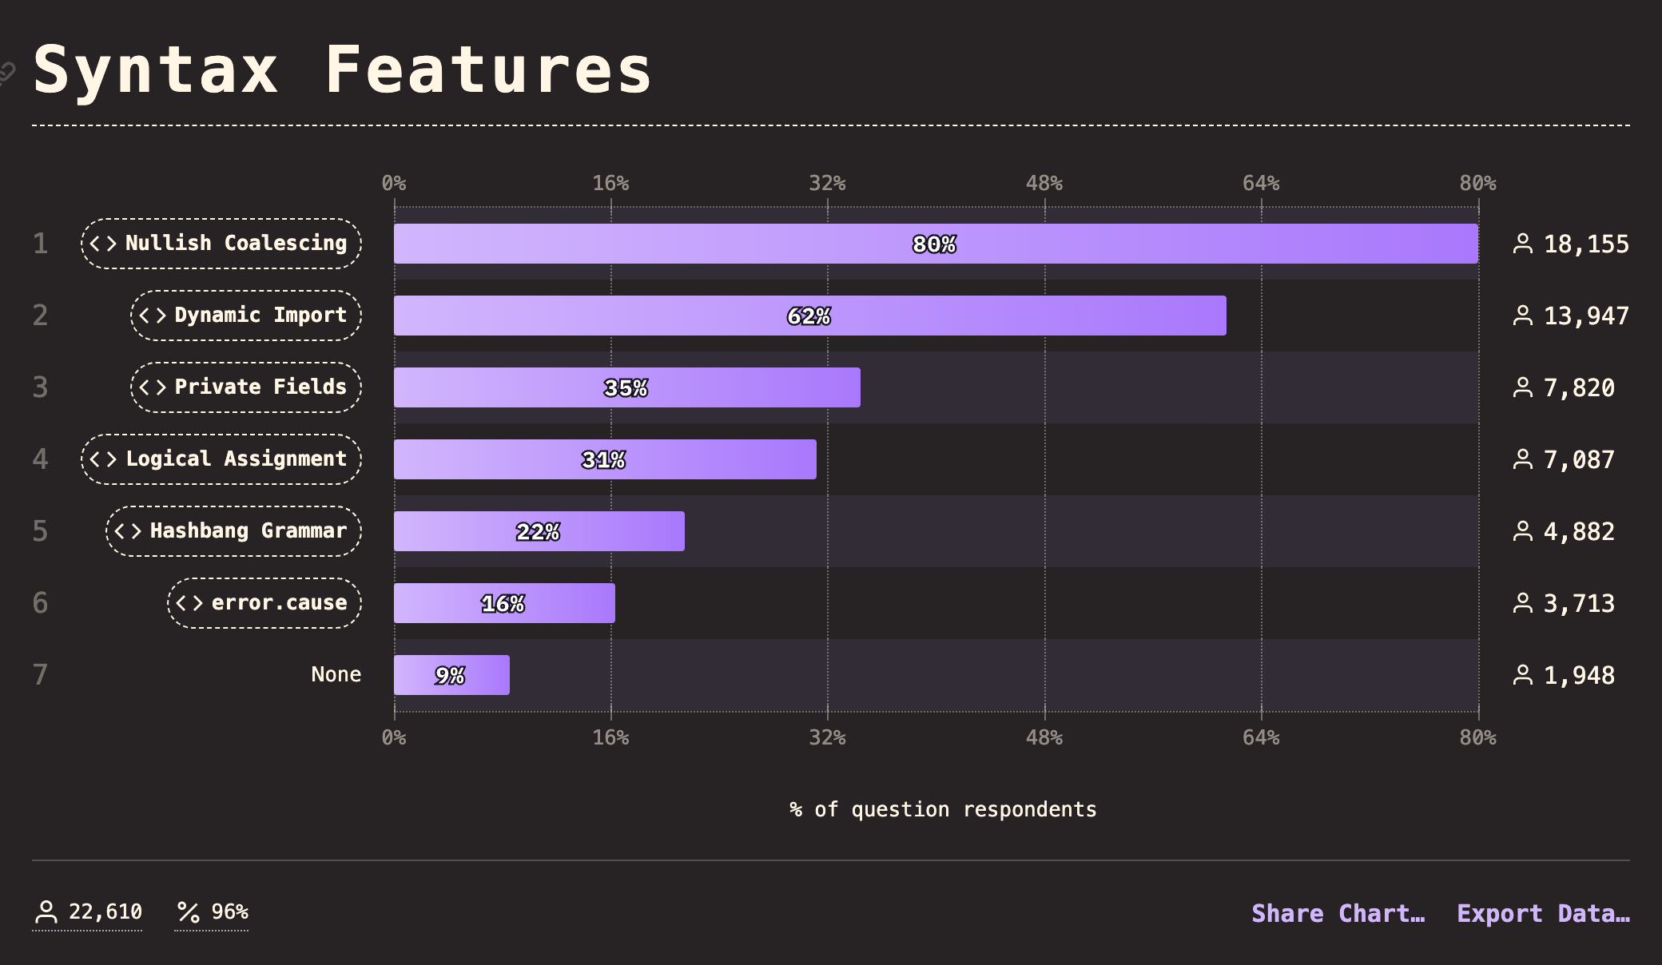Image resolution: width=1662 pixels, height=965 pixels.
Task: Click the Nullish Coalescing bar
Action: click(x=935, y=244)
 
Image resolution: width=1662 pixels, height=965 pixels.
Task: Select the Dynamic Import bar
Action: click(x=809, y=316)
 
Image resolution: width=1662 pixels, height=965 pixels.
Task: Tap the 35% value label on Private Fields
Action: click(x=626, y=388)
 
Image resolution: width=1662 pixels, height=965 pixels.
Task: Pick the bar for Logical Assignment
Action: click(x=605, y=459)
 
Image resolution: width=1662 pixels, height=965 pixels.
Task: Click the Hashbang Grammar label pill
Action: click(x=233, y=531)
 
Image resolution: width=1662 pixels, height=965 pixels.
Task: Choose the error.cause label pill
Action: click(x=264, y=603)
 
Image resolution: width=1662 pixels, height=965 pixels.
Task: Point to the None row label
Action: click(x=336, y=675)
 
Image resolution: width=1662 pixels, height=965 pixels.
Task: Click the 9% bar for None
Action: click(x=451, y=675)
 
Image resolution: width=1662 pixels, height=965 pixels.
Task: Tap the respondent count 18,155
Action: click(x=1585, y=244)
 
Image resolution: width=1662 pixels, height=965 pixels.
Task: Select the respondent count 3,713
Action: click(x=1578, y=604)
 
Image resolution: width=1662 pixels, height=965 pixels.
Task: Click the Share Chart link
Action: click(x=1338, y=913)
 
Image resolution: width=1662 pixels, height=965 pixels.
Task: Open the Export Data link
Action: click(x=1543, y=913)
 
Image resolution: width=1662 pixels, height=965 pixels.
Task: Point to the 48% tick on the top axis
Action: click(x=1044, y=184)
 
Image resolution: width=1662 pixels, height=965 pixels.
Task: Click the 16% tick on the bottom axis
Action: click(x=610, y=737)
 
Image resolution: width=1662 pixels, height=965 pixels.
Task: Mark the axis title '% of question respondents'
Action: click(x=943, y=809)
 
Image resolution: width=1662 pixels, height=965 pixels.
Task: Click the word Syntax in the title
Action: click(x=157, y=70)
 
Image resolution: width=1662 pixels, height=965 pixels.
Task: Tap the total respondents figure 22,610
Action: click(x=105, y=911)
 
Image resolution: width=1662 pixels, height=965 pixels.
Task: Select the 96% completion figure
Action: click(x=229, y=911)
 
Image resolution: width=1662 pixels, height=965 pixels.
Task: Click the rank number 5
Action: click(x=41, y=531)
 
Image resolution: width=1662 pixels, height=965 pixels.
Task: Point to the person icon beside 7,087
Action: click(x=1523, y=459)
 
